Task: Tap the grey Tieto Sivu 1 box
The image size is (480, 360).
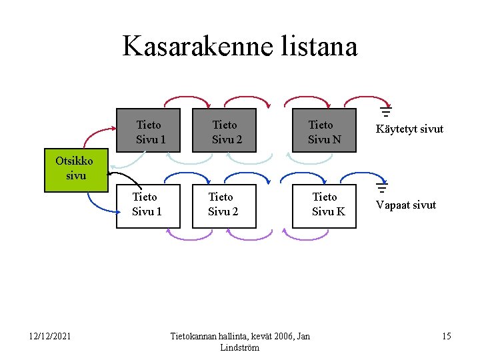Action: point(148,131)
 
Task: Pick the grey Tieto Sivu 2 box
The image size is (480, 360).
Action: point(224,131)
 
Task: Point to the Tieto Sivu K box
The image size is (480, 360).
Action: point(324,205)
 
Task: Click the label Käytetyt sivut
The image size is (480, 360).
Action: point(409,129)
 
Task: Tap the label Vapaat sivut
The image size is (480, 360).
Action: point(405,205)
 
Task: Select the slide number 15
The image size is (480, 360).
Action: point(446,336)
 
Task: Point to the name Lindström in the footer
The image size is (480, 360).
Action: point(239,348)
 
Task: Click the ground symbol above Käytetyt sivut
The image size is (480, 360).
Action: point(385,113)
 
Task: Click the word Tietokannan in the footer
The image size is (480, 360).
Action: point(199,336)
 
